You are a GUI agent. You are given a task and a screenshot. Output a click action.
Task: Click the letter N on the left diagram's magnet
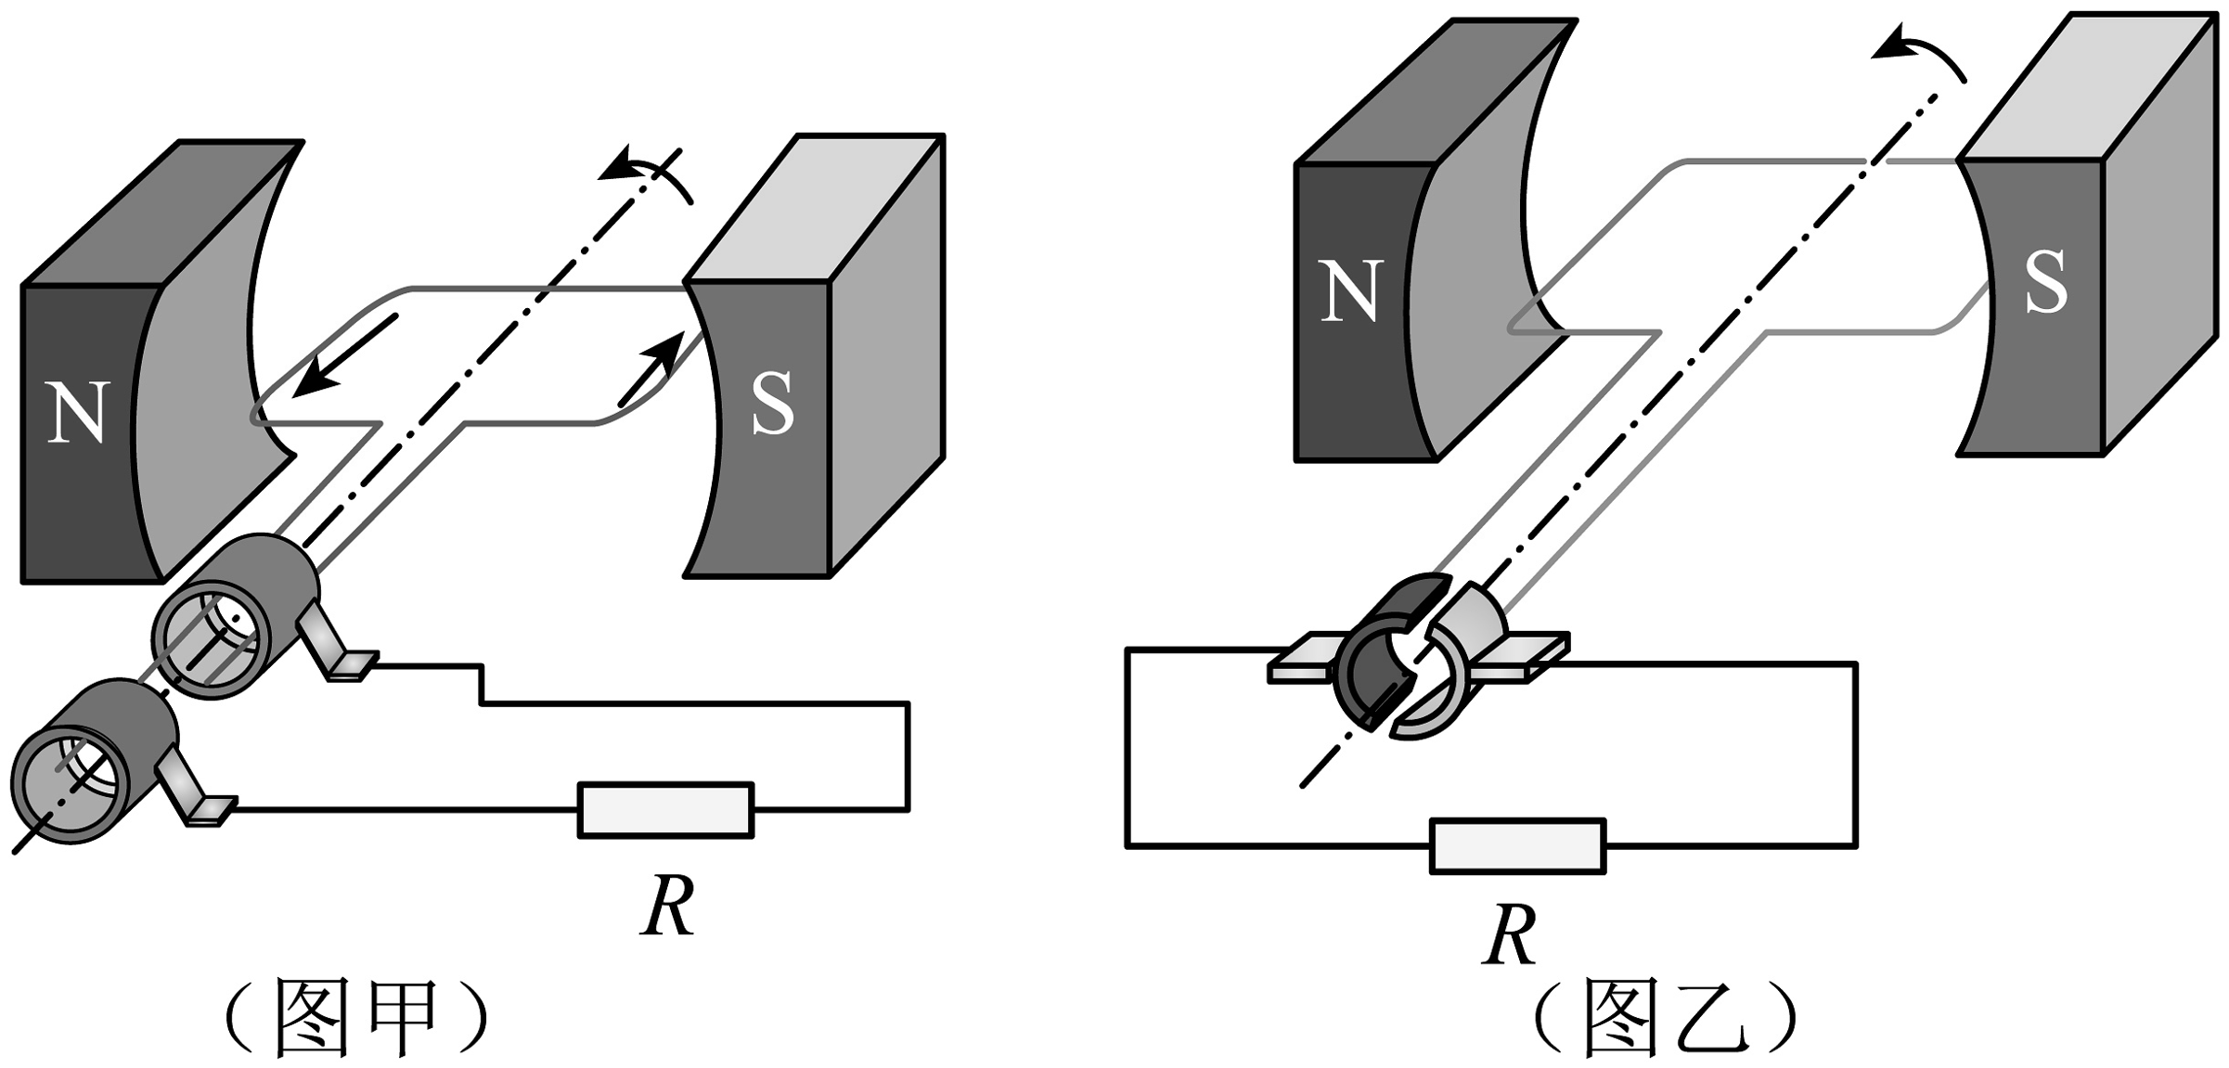(x=78, y=412)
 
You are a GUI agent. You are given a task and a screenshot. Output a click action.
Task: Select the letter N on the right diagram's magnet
(x=1351, y=291)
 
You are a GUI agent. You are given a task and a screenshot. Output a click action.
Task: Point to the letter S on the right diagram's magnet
(x=2045, y=281)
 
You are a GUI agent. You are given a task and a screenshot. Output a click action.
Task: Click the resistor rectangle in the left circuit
(x=665, y=810)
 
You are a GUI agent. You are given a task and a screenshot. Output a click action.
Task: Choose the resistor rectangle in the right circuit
(x=1517, y=845)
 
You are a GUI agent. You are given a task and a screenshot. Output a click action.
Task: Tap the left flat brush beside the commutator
(x=1303, y=658)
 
